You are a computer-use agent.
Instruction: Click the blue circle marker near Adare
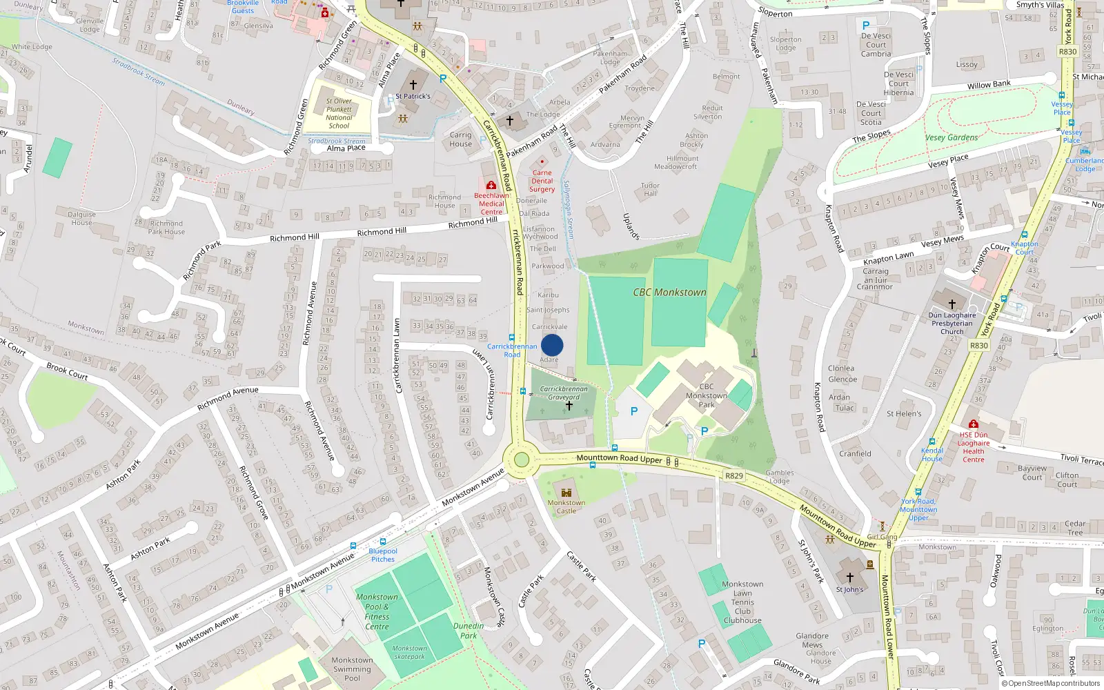coord(552,345)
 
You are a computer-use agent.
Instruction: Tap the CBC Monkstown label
coord(669,293)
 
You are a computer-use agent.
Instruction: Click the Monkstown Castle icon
coord(566,493)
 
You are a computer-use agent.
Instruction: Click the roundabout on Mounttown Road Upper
coord(522,460)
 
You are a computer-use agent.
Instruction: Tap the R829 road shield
coord(734,476)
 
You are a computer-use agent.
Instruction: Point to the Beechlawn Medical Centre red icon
coord(491,186)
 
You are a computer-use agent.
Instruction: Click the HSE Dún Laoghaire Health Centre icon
coord(973,424)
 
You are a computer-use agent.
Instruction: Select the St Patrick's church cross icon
coord(413,85)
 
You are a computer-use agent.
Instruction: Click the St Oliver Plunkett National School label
coord(339,113)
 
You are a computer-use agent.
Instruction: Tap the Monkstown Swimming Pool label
coord(352,669)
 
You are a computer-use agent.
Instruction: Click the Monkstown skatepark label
coord(410,652)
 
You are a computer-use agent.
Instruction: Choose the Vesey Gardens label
coord(952,137)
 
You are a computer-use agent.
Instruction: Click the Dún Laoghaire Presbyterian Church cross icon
coord(952,304)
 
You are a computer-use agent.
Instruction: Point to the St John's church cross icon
coord(849,578)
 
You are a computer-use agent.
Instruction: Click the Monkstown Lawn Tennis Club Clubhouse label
coord(742,602)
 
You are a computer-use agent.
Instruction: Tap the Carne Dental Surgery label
coord(542,181)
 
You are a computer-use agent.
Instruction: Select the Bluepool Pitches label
coord(383,555)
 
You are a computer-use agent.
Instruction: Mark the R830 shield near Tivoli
coord(979,346)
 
